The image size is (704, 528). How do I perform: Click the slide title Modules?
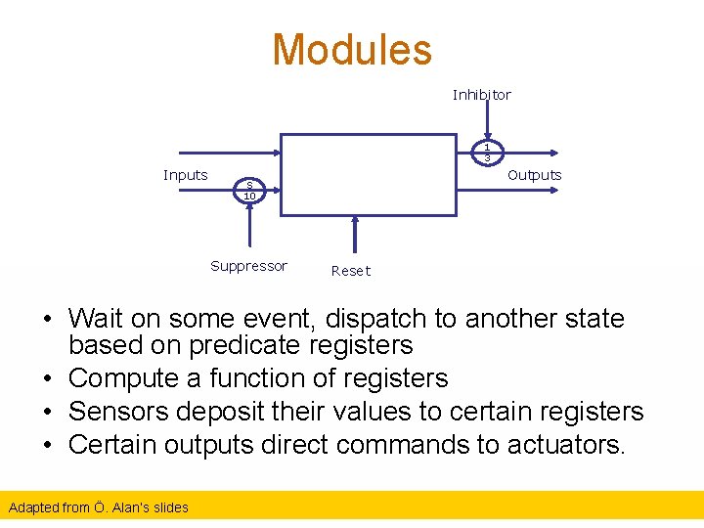click(351, 50)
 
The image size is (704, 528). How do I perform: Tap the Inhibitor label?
click(481, 95)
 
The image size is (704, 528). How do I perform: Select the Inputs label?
click(185, 175)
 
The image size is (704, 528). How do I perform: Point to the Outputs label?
click(534, 175)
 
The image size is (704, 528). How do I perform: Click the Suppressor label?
click(248, 266)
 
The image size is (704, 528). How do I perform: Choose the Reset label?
click(351, 271)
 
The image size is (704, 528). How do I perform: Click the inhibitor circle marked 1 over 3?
click(486, 153)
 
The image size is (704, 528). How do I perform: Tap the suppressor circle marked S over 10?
click(249, 191)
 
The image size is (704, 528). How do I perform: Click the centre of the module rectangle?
click(369, 175)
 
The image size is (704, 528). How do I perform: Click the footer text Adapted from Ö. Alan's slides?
click(98, 506)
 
